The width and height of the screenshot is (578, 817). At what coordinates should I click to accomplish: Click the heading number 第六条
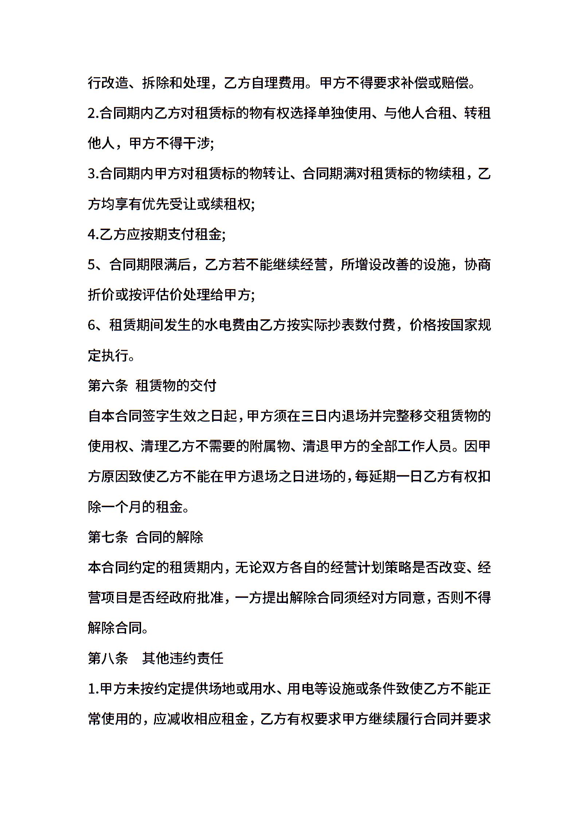[108, 386]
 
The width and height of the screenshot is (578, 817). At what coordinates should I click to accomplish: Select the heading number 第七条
[108, 537]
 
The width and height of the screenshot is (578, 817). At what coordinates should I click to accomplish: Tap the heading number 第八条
[108, 658]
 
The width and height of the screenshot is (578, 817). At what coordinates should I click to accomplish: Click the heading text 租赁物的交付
[176, 386]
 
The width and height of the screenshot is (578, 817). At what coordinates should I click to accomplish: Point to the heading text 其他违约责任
[183, 658]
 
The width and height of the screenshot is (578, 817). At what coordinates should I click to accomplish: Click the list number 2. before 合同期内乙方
[93, 114]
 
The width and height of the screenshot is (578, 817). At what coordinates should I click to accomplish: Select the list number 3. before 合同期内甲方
[93, 174]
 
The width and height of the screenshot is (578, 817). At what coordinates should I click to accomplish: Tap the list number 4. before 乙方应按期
[93, 234]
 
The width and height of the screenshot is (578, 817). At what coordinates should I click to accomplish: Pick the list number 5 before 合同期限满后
[91, 265]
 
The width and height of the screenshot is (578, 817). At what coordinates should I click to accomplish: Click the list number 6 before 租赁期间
[91, 325]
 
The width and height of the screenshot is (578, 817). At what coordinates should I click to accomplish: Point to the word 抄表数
[342, 325]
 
